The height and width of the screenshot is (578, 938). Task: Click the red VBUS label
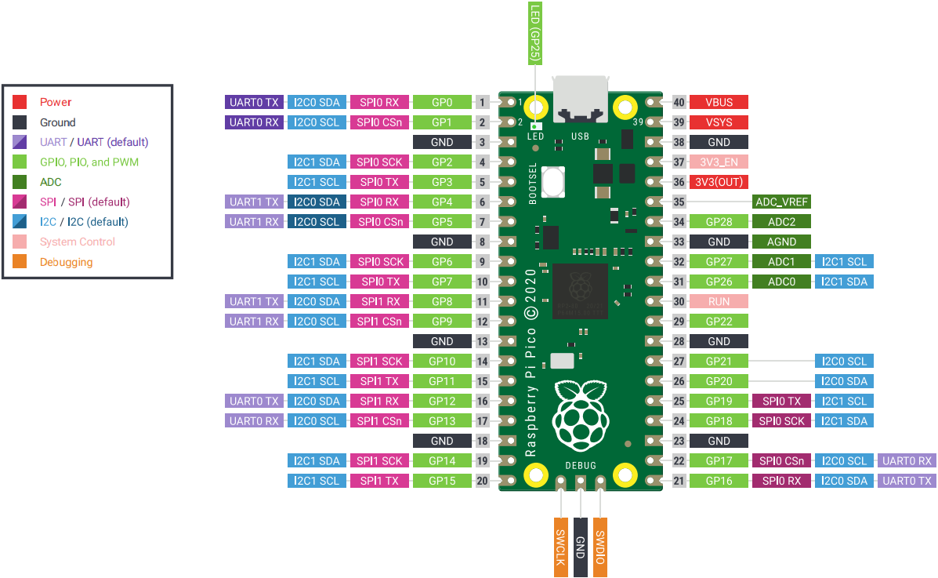tap(719, 102)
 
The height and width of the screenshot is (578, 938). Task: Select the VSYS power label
tap(719, 122)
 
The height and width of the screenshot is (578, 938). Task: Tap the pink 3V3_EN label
tap(719, 162)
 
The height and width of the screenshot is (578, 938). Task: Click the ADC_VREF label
tap(781, 202)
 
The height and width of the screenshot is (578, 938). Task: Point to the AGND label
tap(781, 242)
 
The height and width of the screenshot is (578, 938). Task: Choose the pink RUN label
tap(719, 301)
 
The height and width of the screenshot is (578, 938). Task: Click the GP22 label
tap(719, 322)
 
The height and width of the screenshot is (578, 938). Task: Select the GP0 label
tap(442, 102)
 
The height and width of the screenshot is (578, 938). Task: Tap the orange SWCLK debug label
tap(560, 547)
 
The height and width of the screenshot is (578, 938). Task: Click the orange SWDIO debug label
tap(600, 547)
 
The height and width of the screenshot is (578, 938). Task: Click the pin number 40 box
tap(679, 102)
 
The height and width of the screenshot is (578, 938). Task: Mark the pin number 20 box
tap(483, 481)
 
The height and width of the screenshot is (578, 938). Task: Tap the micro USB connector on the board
tap(581, 100)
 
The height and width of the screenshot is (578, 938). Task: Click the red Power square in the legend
tap(20, 102)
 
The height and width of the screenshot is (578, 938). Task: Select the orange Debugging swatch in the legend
tap(20, 262)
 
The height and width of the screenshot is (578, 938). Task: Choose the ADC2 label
tap(781, 222)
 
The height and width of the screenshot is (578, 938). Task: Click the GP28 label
tap(719, 222)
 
